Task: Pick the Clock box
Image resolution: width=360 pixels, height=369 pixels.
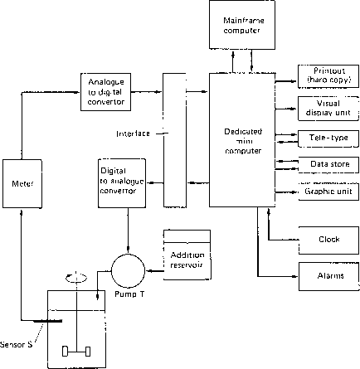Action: pos(329,240)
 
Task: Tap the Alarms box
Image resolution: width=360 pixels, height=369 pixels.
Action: pos(329,275)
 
